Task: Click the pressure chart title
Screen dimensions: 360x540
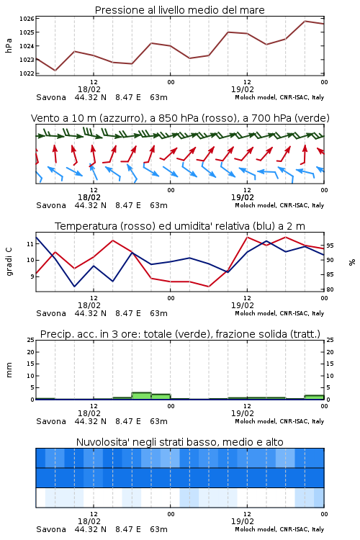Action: tap(179, 10)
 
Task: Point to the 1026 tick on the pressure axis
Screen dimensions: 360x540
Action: tap(27, 19)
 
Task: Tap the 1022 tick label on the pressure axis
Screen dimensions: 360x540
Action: tap(27, 73)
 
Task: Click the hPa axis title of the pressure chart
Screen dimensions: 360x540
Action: tap(9, 45)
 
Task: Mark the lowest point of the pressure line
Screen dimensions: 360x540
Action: tap(55, 71)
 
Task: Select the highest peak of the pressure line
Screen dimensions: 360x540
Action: tap(305, 21)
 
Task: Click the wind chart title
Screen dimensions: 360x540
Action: tap(180, 118)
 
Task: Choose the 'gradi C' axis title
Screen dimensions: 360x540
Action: tap(9, 261)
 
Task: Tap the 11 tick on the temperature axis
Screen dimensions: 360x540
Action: tap(30, 244)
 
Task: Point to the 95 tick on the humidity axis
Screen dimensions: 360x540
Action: tap(330, 246)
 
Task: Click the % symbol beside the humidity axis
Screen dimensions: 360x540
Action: tap(352, 262)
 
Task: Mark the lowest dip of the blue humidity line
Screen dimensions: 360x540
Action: tap(74, 286)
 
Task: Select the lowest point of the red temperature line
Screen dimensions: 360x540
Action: tap(209, 287)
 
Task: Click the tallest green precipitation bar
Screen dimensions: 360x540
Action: tap(142, 396)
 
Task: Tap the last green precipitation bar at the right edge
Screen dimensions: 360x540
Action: tap(314, 397)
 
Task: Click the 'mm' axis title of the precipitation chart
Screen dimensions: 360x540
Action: tap(9, 369)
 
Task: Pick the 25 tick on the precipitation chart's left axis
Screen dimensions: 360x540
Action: tap(31, 340)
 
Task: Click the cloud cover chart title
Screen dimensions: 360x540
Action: tap(179, 442)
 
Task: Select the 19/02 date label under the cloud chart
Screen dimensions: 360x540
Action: tap(243, 521)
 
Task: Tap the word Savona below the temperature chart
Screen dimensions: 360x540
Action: tap(51, 313)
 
